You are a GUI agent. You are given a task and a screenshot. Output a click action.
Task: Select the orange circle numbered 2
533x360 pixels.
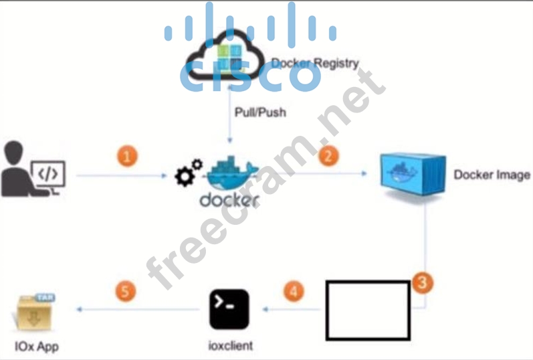(328, 156)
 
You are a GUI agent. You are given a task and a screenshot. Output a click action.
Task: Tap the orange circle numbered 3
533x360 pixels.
(421, 282)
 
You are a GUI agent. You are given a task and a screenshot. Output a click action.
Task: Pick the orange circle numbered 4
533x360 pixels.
(293, 292)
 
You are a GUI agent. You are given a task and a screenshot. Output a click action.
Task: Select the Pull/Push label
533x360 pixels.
(259, 112)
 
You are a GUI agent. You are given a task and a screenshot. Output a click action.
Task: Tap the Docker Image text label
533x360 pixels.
(492, 175)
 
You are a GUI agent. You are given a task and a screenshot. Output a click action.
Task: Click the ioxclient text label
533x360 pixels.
(231, 347)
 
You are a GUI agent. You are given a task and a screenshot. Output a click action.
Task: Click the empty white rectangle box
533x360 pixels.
(367, 310)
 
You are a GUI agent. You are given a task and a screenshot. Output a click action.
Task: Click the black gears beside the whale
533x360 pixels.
(187, 173)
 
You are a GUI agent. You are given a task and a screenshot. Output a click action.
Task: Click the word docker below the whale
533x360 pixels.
(229, 200)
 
